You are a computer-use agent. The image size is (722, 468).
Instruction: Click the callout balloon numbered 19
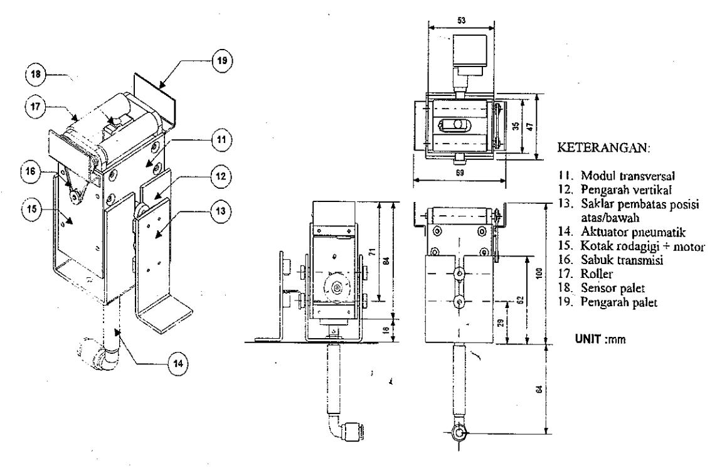[223, 61]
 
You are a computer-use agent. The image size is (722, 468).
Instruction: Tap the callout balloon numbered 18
[36, 74]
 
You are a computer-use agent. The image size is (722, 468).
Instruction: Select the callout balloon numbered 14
[178, 364]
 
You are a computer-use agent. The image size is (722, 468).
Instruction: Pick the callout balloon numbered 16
[31, 172]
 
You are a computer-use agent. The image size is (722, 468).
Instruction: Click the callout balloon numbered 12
[221, 176]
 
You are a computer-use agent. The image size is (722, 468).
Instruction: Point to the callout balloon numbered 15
[32, 209]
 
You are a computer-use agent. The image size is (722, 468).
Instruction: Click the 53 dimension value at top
[461, 21]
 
